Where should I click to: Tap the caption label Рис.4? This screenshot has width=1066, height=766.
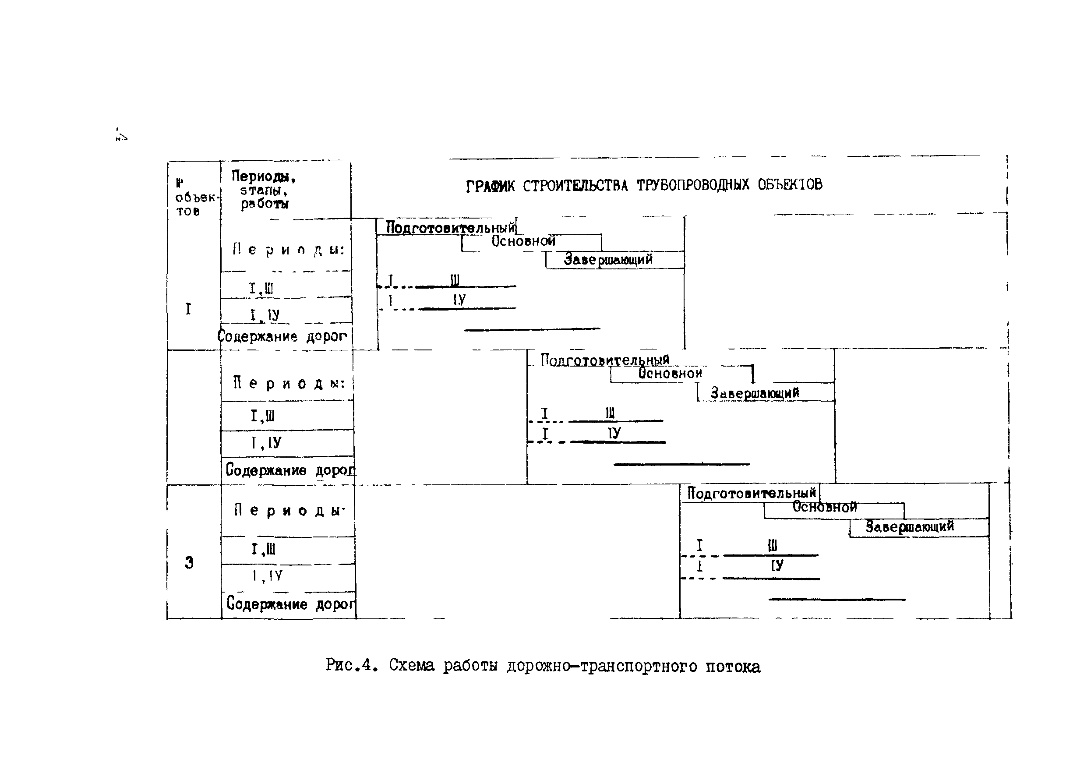351,665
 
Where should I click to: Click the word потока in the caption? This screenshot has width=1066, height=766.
732,667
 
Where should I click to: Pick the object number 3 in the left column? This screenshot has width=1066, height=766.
189,562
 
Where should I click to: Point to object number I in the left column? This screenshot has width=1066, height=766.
188,309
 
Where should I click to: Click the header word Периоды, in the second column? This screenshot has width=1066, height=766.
263,176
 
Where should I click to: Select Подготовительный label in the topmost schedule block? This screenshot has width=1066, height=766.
450,227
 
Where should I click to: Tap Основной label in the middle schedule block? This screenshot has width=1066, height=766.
670,373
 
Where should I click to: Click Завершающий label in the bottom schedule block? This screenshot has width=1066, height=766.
910,526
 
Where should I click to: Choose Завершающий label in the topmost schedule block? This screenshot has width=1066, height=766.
608,259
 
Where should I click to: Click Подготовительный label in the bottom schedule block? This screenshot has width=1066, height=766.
752,493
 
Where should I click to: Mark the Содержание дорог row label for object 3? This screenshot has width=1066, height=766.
290,604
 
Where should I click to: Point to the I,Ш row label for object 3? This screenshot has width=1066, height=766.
263,549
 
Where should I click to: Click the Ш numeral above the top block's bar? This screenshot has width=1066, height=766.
455,280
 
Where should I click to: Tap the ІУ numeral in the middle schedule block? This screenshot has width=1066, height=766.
614,433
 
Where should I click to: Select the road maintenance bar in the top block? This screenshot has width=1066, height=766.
532,329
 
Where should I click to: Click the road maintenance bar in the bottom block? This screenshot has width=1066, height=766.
837,599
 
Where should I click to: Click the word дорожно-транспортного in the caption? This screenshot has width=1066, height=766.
602,667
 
